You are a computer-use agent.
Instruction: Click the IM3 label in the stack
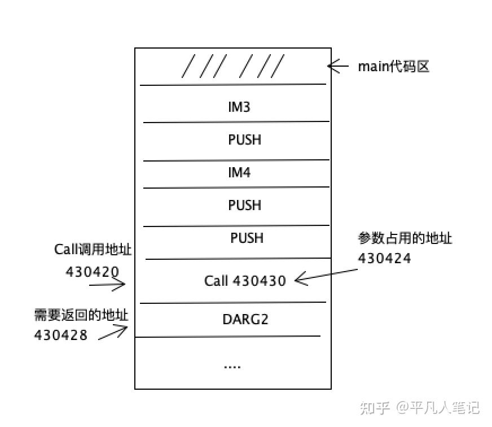[x=239, y=106]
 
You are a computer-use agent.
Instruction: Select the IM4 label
[x=239, y=172]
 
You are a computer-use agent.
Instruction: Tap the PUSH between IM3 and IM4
[x=244, y=140]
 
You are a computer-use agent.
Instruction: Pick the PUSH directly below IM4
[x=244, y=204]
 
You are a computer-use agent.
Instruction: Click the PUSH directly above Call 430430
[x=247, y=238]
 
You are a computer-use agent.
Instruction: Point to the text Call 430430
[x=245, y=280]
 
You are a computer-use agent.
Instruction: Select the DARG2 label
[x=245, y=319]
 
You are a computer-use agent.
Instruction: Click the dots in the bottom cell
[x=232, y=366]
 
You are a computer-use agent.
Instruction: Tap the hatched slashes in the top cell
[x=232, y=67]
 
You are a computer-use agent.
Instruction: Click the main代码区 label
[x=393, y=67]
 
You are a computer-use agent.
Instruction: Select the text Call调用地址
[x=93, y=250]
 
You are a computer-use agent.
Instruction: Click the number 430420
[x=93, y=272]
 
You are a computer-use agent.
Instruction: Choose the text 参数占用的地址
[x=405, y=238]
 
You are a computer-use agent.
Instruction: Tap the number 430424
[x=384, y=258]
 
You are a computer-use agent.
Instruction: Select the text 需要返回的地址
[x=81, y=315]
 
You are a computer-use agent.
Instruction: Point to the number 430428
[x=61, y=335]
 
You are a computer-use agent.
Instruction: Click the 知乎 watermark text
[x=375, y=407]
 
